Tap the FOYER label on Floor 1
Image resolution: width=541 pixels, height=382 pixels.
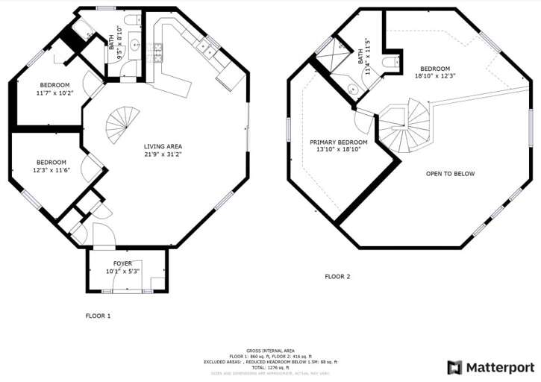coord(123,263)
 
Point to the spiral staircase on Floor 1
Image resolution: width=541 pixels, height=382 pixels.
coord(122,125)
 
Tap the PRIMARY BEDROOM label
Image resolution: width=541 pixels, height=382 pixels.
coord(340,142)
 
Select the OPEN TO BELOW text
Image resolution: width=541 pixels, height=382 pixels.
coord(450,174)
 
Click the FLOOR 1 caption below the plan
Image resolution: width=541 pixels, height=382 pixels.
coord(98,316)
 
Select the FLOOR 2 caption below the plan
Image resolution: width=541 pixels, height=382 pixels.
coord(337,276)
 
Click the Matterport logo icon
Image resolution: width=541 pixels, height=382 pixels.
coord(454,367)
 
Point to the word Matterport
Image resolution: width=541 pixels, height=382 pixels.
coord(500,367)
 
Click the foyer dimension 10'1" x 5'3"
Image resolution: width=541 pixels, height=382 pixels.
coord(123,271)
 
